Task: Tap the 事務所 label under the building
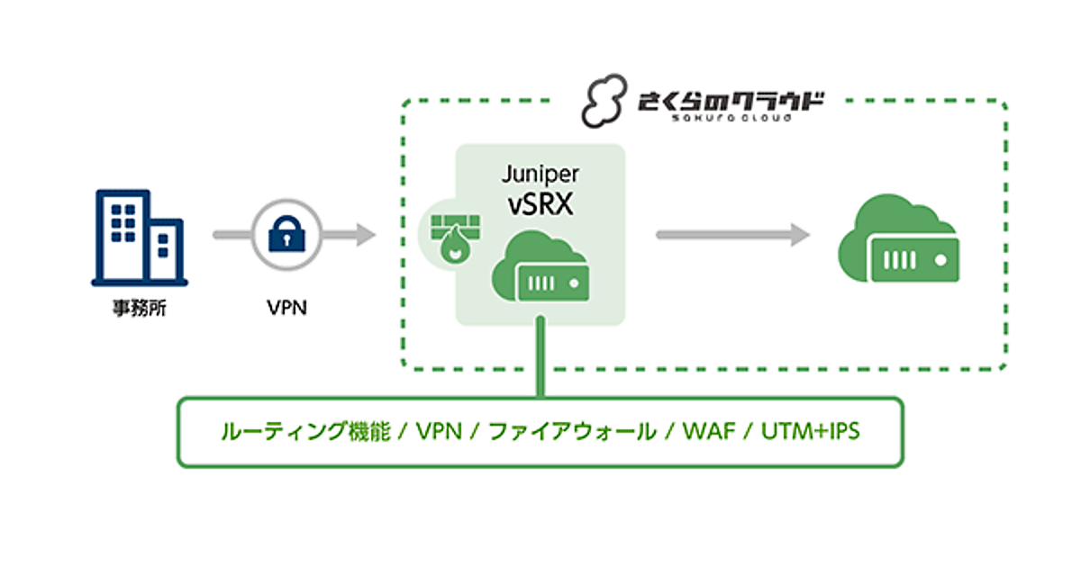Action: [134, 311]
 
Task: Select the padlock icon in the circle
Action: [285, 236]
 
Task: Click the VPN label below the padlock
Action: [286, 309]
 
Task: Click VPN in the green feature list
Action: [439, 432]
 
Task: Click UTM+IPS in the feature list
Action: [811, 432]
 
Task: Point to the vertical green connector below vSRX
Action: [540, 360]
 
